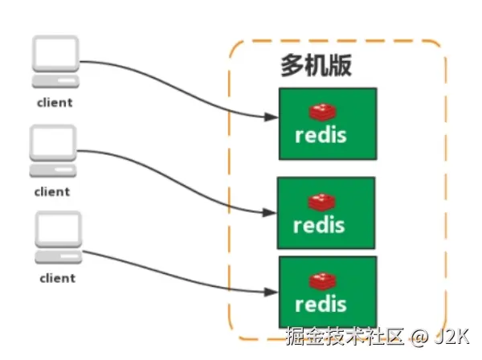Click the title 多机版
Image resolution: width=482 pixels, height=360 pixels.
pyautogui.click(x=316, y=65)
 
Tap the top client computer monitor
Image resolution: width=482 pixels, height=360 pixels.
pyautogui.click(x=55, y=54)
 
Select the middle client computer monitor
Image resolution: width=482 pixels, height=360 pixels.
pyautogui.click(x=53, y=143)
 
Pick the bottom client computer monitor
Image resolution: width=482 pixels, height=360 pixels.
pyautogui.click(x=59, y=229)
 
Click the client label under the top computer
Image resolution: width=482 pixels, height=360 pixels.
pyautogui.click(x=55, y=103)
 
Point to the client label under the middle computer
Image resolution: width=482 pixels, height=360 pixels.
pyautogui.click(x=52, y=192)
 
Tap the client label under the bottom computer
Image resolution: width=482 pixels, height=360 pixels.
pyautogui.click(x=58, y=278)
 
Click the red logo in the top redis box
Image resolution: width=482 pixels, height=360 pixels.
pyautogui.click(x=322, y=112)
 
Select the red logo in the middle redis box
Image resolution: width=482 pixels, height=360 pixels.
pyautogui.click(x=321, y=202)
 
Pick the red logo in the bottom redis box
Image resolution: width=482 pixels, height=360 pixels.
pyautogui.click(x=322, y=281)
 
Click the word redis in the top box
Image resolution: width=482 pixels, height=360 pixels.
pyautogui.click(x=321, y=135)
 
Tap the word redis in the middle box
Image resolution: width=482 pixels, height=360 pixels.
pyautogui.click(x=319, y=225)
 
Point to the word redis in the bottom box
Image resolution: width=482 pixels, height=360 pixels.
pyautogui.click(x=321, y=304)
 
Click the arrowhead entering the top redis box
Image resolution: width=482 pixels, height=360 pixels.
pyautogui.click(x=272, y=117)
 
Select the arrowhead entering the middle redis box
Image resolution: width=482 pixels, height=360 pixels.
pyautogui.click(x=270, y=212)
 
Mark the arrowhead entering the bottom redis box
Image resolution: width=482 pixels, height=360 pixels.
pyautogui.click(x=272, y=292)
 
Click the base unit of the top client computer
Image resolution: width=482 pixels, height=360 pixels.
pyautogui.click(x=55, y=81)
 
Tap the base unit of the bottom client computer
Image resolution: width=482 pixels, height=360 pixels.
pyautogui.click(x=59, y=256)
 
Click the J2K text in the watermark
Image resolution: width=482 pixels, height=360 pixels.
pyautogui.click(x=451, y=337)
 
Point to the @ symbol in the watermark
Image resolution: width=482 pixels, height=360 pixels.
pyautogui.click(x=419, y=337)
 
